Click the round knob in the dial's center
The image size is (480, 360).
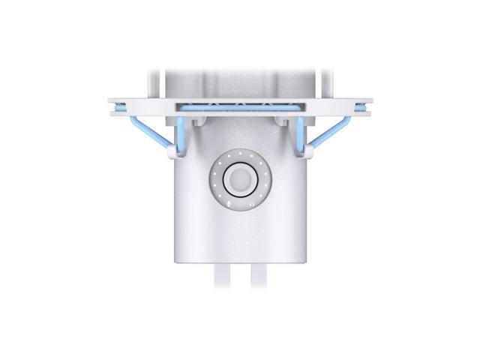coord(240,180)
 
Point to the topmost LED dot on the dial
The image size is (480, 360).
coord(240,154)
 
